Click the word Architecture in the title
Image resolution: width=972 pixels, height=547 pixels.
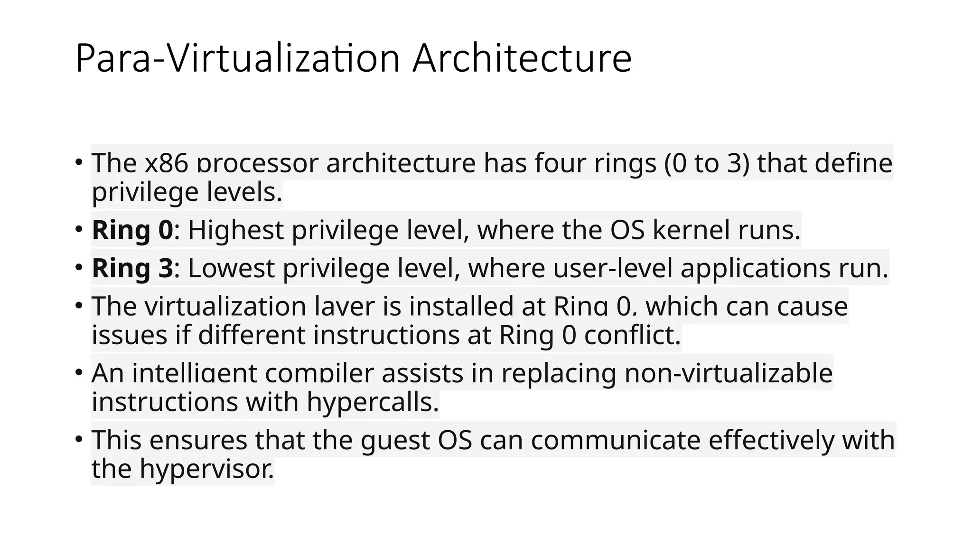522,59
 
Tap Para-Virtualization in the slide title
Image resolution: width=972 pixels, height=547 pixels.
237,59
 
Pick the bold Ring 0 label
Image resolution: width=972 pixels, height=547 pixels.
132,230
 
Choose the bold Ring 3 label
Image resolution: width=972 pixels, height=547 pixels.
132,268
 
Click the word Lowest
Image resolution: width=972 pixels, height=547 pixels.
231,268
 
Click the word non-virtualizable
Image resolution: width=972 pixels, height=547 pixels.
728,373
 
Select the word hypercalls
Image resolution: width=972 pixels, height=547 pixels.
373,403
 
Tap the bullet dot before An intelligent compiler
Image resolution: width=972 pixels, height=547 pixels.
79,372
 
